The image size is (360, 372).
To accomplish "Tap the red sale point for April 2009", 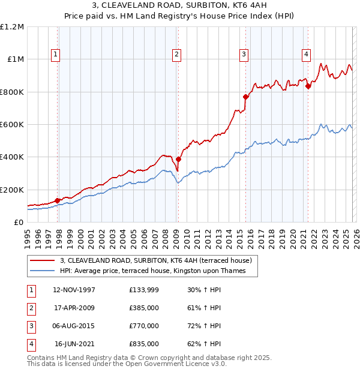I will point(179,160).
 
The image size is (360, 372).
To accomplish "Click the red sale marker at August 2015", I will point(245,97).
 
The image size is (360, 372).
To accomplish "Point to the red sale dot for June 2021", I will point(308,86).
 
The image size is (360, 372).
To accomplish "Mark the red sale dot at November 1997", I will point(58,200).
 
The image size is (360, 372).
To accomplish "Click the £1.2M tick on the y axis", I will point(12,27).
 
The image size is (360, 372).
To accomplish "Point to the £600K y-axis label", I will point(12,125).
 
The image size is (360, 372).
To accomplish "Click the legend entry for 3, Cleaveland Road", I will point(159,260).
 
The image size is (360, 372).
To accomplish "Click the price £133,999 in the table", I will point(144,290).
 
